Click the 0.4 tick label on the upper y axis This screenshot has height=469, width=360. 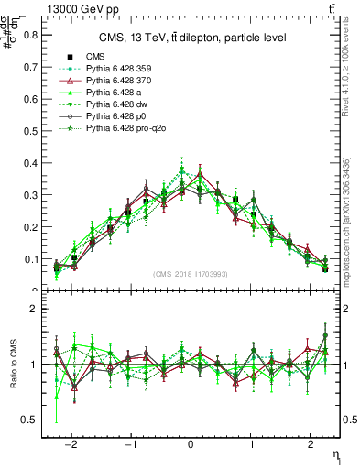(31, 163)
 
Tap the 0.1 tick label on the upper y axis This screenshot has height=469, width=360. (31, 259)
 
